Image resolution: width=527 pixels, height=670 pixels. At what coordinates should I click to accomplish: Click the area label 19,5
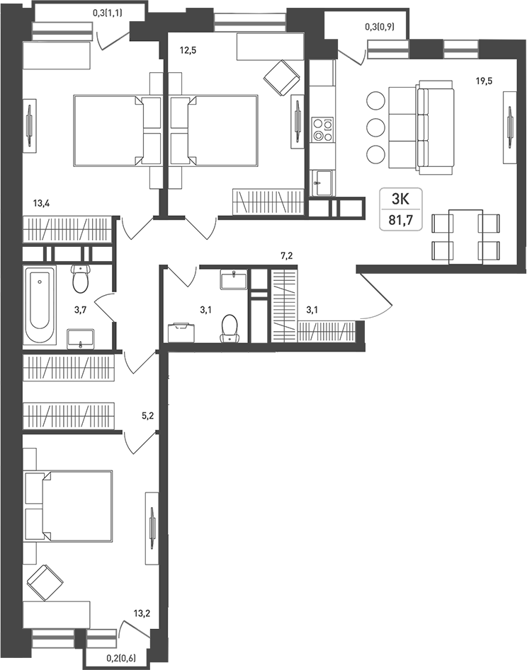pyautogui.click(x=484, y=81)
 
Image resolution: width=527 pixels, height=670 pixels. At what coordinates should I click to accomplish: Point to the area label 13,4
pyautogui.click(x=42, y=204)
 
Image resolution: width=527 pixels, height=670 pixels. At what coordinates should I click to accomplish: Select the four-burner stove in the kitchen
pyautogui.click(x=323, y=129)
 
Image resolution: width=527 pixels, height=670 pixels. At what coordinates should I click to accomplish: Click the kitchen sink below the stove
pyautogui.click(x=322, y=183)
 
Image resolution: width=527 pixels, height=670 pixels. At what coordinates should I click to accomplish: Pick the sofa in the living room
pyautogui.click(x=433, y=128)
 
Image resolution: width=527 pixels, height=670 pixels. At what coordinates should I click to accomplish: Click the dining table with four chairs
pyautogui.click(x=466, y=236)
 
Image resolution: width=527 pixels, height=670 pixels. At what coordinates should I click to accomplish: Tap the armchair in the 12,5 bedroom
pyautogui.click(x=281, y=76)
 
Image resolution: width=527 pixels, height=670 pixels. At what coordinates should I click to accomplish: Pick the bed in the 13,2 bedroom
pyautogui.click(x=69, y=506)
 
